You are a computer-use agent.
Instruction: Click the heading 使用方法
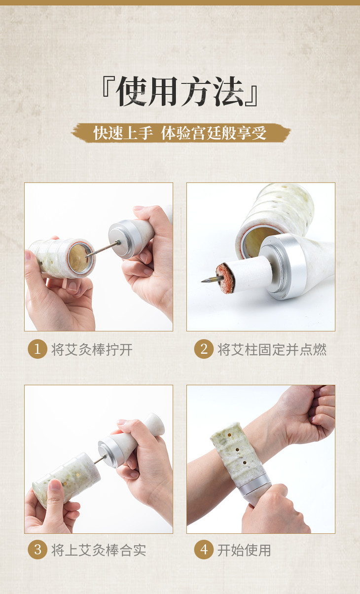click(180, 91)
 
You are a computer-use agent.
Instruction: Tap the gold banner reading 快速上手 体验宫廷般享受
click(180, 133)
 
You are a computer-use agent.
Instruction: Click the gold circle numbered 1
click(37, 349)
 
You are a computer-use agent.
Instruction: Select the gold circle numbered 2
click(204, 349)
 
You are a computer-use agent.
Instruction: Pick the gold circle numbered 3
click(37, 550)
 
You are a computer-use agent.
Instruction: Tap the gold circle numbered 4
click(204, 550)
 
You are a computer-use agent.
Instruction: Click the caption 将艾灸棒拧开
click(92, 349)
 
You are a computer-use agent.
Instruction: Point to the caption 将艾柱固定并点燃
click(272, 349)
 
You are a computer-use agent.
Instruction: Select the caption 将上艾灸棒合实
click(99, 550)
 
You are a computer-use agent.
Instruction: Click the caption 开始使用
click(244, 550)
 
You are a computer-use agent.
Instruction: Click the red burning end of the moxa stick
click(225, 278)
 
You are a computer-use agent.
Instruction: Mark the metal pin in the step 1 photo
click(103, 249)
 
